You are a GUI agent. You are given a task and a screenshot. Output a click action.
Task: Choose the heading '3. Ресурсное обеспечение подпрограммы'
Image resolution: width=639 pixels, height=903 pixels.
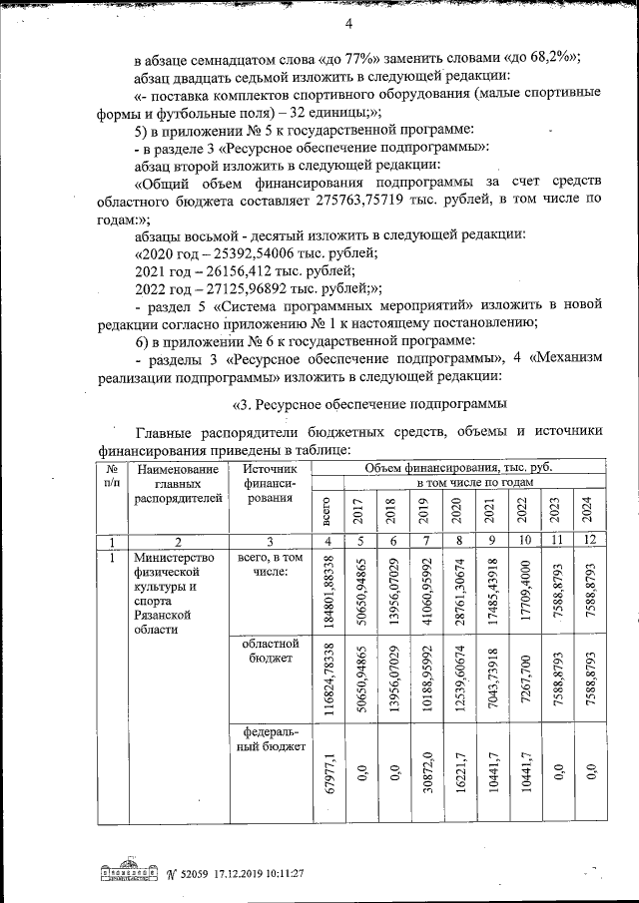click(370, 404)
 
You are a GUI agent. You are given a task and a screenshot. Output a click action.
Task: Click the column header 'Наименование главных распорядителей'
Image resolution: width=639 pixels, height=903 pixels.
click(178, 484)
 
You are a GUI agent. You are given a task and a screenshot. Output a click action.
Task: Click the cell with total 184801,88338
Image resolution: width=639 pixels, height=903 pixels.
click(325, 592)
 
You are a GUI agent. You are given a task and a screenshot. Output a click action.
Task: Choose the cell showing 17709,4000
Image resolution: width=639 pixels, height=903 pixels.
click(521, 592)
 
